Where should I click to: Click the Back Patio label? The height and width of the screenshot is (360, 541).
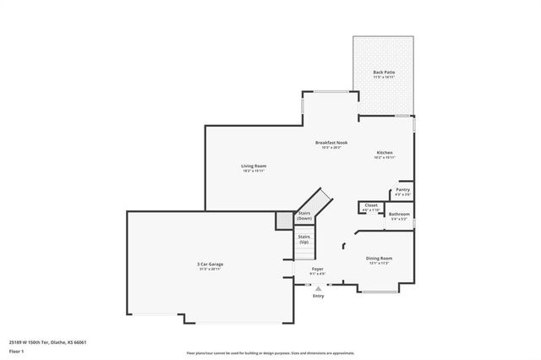pos(383,72)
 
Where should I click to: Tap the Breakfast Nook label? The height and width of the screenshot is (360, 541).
pos(332,142)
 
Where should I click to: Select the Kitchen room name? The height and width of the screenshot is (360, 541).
pos(384,153)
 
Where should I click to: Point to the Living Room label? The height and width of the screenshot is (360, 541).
pos(254,166)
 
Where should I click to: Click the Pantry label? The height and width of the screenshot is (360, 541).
pos(402,190)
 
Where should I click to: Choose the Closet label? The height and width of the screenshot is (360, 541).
pos(371,205)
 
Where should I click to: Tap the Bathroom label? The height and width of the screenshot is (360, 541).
pos(399,215)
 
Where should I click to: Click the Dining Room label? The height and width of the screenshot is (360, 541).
pos(378,258)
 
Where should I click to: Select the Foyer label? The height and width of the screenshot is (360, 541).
pos(317,269)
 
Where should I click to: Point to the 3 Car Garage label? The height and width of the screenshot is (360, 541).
pos(210,265)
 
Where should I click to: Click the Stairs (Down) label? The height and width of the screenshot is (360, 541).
pos(304,216)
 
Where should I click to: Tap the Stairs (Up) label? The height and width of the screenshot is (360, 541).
pos(303,239)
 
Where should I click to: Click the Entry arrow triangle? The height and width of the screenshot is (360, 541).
pos(318,288)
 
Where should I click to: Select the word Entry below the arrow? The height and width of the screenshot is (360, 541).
pos(318,296)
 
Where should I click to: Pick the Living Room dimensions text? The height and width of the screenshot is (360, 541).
pos(254,171)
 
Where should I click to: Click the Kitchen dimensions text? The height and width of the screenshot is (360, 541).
pos(384,158)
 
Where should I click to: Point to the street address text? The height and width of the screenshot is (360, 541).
pos(48,342)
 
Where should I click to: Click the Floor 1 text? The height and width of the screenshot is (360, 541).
pos(17,350)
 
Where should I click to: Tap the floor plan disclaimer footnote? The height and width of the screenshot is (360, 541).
pos(270,352)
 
